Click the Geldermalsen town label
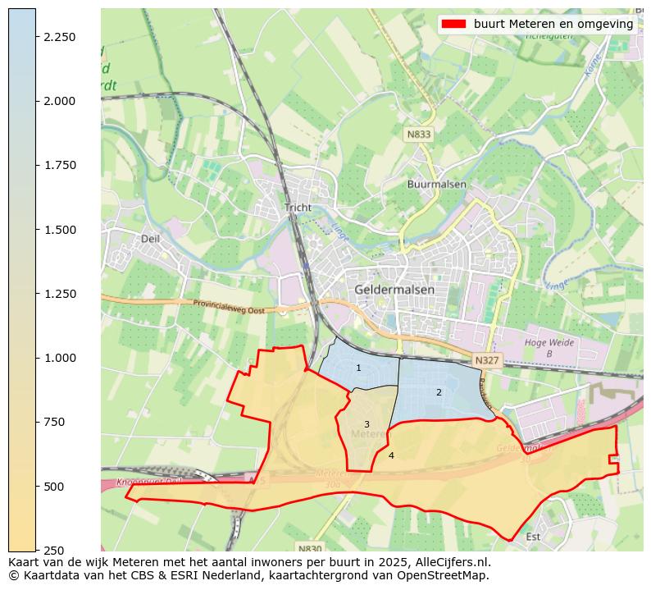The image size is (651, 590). coord(395,290)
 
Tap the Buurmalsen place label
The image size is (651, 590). coord(436,185)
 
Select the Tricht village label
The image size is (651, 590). coord(298,208)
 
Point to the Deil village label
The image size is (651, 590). coord(150,239)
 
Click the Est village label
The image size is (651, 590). coord(533,537)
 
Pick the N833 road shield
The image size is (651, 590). coord(418,134)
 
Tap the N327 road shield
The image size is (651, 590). coord(485,360)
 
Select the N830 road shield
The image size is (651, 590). coord(309,548)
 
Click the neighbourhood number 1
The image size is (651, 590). coord(358,368)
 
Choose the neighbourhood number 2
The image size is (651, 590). coord(439,392)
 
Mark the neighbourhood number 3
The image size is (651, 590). coord(366,424)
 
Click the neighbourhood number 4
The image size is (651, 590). coord(391,455)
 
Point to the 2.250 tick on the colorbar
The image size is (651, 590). coord(59,37)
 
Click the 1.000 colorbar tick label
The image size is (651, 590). coord(59,358)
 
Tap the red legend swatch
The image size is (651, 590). coord(453,24)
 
